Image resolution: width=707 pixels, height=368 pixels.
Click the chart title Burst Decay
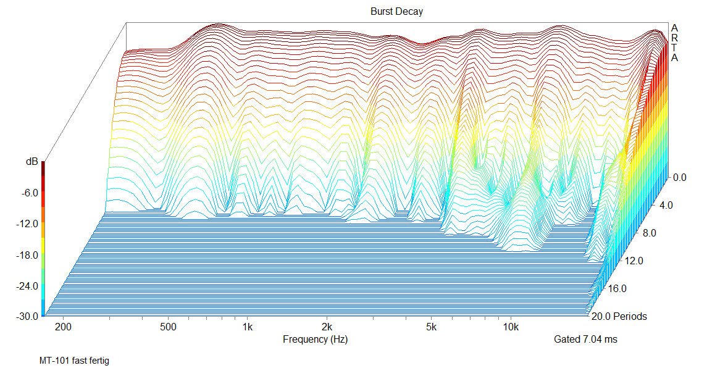(x=396, y=12)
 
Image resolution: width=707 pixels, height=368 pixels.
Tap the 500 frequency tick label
(x=168, y=326)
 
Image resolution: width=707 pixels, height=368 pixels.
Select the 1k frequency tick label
(x=248, y=326)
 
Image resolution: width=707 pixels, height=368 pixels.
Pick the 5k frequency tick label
(x=431, y=326)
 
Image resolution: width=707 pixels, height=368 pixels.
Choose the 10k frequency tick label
(x=510, y=326)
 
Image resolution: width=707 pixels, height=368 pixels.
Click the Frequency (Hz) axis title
(x=319, y=339)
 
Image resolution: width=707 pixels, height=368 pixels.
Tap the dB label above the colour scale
(x=31, y=162)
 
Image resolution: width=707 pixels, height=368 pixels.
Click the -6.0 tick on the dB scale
(x=28, y=193)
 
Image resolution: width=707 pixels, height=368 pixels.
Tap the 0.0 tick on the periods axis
(x=679, y=177)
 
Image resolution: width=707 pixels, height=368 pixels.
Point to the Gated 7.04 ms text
(x=585, y=339)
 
